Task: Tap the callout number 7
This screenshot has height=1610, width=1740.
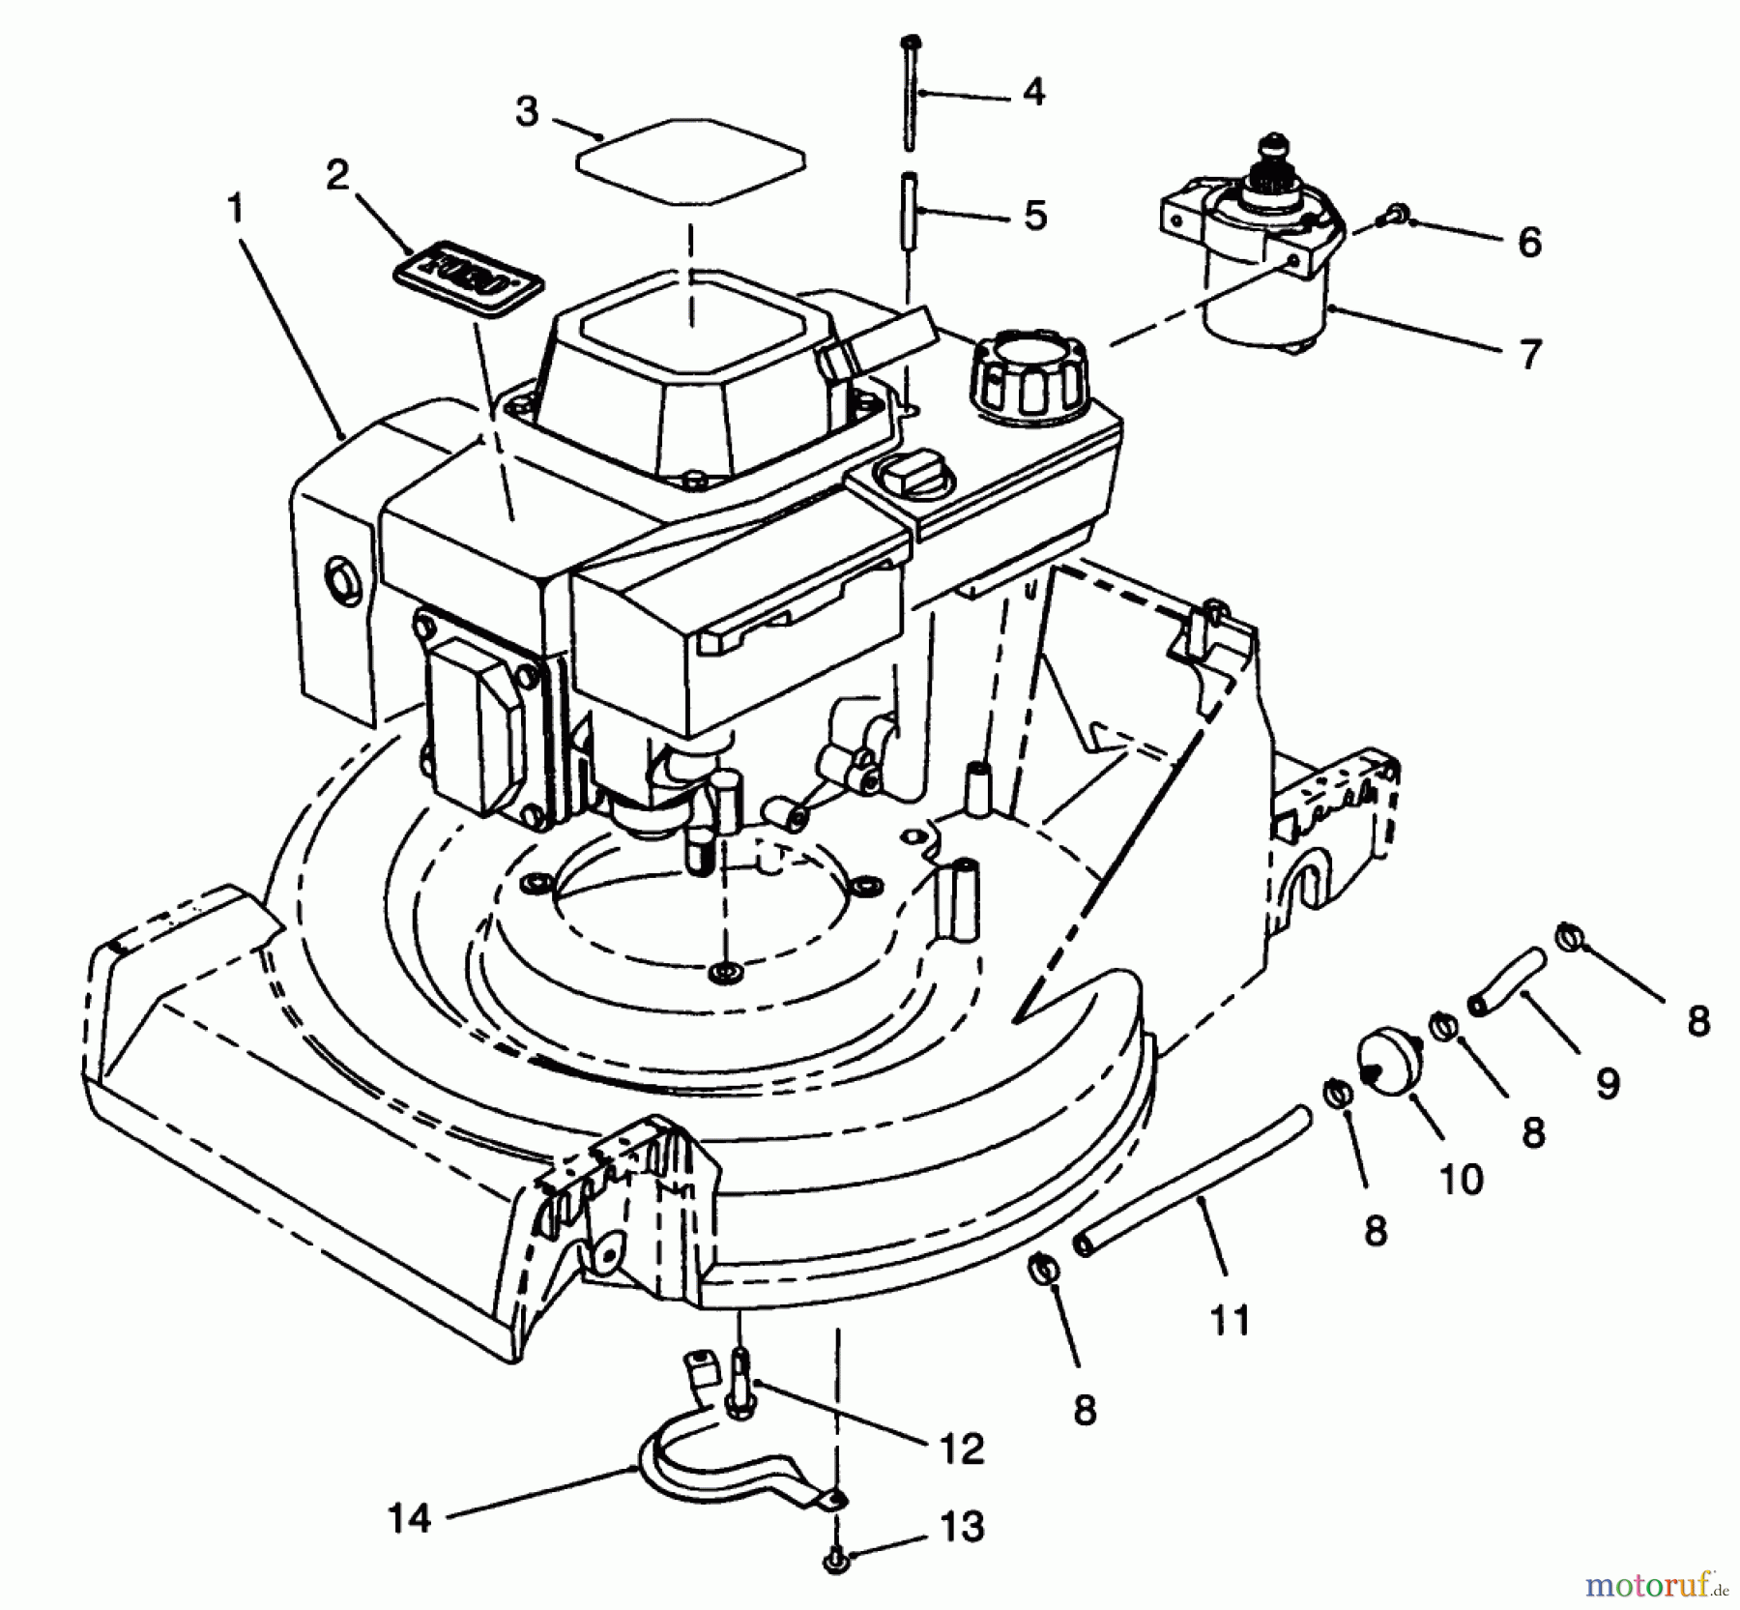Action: (1528, 355)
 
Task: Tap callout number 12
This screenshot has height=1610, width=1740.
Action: (961, 1449)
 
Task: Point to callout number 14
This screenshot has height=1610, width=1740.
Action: (409, 1518)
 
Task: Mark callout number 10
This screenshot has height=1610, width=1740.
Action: (1462, 1179)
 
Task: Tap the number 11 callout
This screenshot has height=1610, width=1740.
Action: (1230, 1320)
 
